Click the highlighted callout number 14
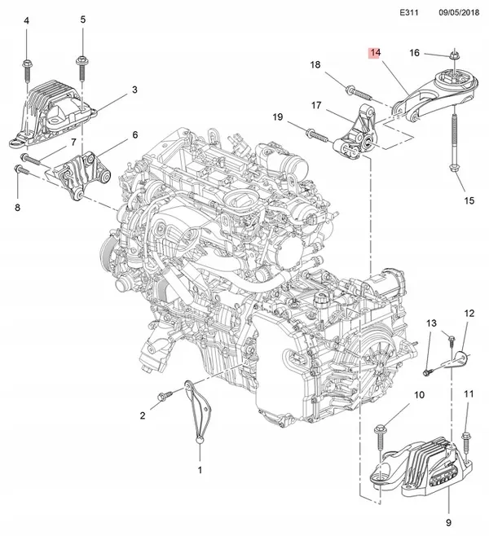(x=374, y=53)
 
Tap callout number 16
(x=414, y=53)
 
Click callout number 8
(x=17, y=209)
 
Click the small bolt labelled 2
(x=164, y=395)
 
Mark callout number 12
(x=469, y=313)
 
